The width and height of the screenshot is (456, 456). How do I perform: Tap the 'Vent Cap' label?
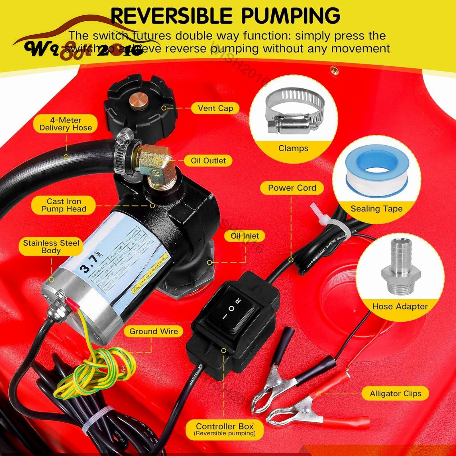pyautogui.click(x=215, y=108)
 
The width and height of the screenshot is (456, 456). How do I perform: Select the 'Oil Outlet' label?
pyautogui.click(x=208, y=161)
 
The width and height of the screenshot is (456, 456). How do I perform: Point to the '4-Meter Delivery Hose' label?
pyautogui.click(x=66, y=124)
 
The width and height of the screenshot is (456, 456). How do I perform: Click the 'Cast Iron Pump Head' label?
pyautogui.click(x=64, y=205)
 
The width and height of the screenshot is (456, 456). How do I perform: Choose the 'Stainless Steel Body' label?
pyautogui.click(x=51, y=247)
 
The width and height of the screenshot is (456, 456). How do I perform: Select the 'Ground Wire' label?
pyautogui.click(x=153, y=331)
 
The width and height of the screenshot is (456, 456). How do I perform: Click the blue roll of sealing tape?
pyautogui.click(x=377, y=170)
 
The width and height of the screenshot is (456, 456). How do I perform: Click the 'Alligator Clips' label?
pyautogui.click(x=395, y=394)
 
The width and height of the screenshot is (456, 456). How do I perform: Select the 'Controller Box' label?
pyautogui.click(x=225, y=429)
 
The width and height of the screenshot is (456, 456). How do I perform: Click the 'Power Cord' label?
pyautogui.click(x=292, y=188)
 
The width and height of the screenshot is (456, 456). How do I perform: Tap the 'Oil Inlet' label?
pyautogui.click(x=245, y=236)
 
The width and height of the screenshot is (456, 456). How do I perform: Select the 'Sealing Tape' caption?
pyautogui.click(x=376, y=209)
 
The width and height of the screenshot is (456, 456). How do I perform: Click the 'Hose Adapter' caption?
pyautogui.click(x=400, y=306)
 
